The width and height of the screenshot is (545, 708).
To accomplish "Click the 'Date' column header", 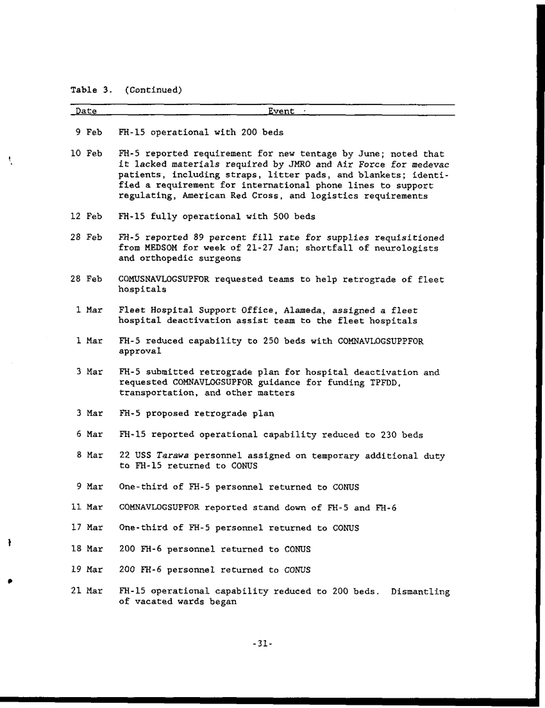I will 87,111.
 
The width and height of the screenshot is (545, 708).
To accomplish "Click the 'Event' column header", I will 281,111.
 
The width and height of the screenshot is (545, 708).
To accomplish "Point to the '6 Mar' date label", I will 89,434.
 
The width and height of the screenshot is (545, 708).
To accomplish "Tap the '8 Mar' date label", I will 89,456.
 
